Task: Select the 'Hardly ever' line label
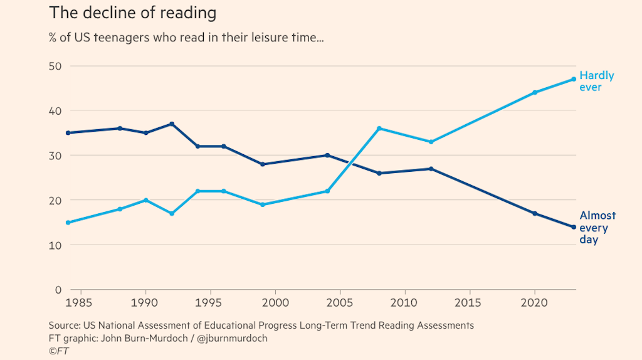tap(596, 81)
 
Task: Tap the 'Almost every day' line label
tap(597, 227)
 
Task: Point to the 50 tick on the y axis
tap(56, 66)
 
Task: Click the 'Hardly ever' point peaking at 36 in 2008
tap(379, 129)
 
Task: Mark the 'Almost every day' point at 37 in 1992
tap(171, 124)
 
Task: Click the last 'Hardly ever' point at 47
tap(574, 79)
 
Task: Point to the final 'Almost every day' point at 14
tap(574, 227)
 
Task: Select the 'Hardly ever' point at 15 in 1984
tap(67, 223)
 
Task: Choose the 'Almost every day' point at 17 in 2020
tap(535, 213)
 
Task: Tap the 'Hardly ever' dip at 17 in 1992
tap(171, 213)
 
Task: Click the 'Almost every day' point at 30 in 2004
tap(327, 155)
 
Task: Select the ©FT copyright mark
tap(58, 351)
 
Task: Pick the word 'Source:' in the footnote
tap(65, 326)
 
